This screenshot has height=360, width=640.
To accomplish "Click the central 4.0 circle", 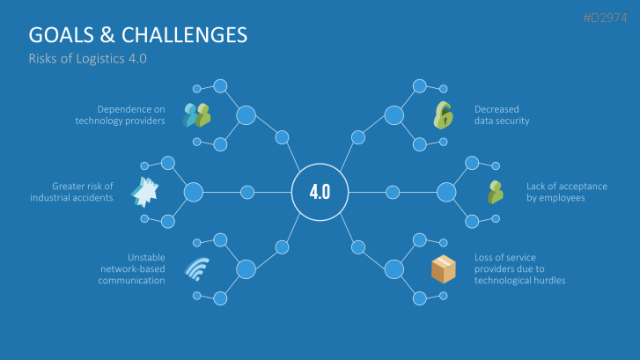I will click(x=320, y=191).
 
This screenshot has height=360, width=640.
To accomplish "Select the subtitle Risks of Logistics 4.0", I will click(x=87, y=59).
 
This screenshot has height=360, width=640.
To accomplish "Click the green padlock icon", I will click(x=442, y=114).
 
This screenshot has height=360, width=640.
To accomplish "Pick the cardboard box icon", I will click(x=443, y=268).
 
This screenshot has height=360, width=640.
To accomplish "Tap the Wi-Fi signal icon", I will click(x=196, y=268).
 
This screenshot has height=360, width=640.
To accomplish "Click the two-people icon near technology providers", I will click(x=197, y=114).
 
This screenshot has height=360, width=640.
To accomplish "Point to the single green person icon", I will click(x=495, y=191).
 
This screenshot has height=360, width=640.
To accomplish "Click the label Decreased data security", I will click(x=502, y=114).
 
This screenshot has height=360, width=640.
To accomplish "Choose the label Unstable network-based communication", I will click(x=132, y=268).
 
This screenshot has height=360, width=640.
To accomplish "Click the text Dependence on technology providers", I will click(x=121, y=114).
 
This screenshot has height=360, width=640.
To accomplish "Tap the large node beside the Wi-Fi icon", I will click(x=246, y=268).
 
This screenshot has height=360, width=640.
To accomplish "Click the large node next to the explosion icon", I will click(x=194, y=191).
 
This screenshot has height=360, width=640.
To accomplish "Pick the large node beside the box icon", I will click(x=393, y=268).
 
